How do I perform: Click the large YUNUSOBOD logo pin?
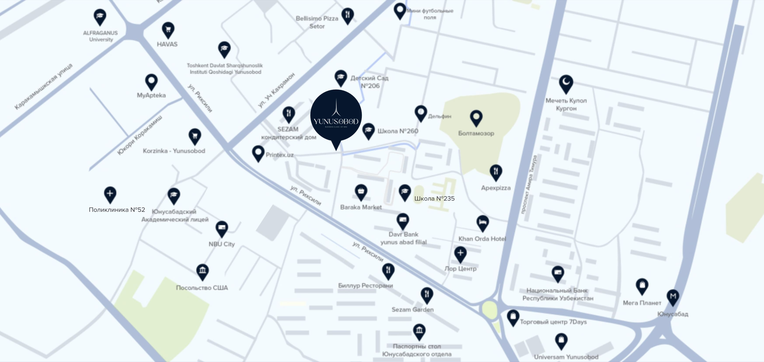pyautogui.click(x=336, y=116)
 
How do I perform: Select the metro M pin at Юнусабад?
pyautogui.click(x=673, y=296)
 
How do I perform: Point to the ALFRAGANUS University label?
pyautogui.click(x=101, y=36)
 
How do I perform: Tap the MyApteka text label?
pyautogui.click(x=151, y=95)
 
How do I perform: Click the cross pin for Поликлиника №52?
pyautogui.click(x=110, y=194)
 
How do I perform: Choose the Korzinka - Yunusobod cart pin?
pyautogui.click(x=195, y=136)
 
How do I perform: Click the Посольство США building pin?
pyautogui.click(x=203, y=271)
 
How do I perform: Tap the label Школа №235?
pyautogui.click(x=434, y=198)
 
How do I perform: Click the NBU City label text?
pyautogui.click(x=222, y=244)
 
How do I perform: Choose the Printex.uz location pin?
pyautogui.click(x=258, y=153)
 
